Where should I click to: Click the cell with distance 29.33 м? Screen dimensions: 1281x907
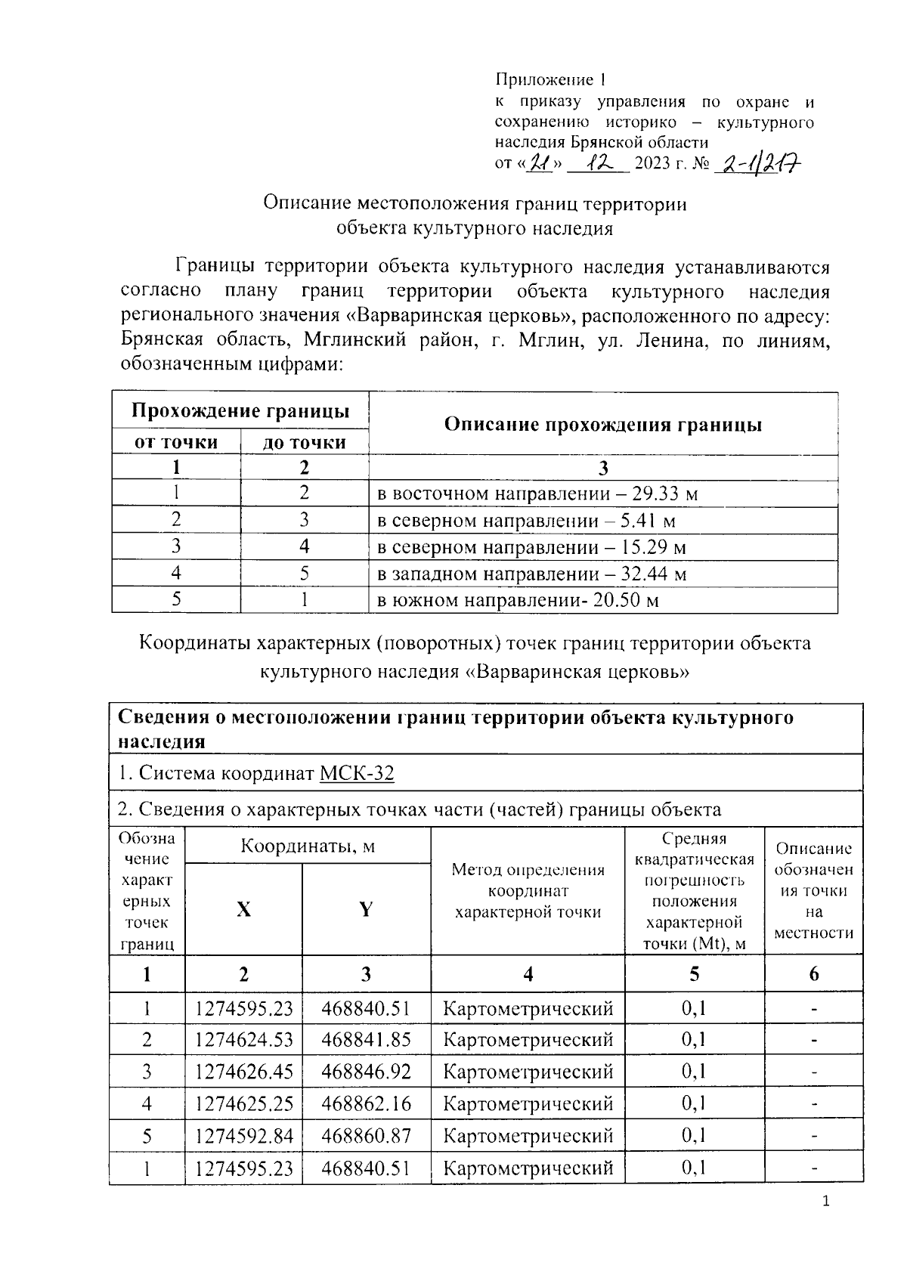click(537, 494)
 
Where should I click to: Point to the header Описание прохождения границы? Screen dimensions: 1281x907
click(602, 425)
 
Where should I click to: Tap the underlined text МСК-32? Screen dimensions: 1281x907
click(357, 773)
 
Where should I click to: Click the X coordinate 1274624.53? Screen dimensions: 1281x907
click(243, 1040)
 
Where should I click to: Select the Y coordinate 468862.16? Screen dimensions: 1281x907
click(366, 1104)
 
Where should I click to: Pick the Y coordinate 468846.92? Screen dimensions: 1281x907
click(366, 1072)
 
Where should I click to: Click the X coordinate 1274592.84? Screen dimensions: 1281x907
click(243, 1136)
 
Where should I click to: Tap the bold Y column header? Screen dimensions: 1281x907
click(366, 909)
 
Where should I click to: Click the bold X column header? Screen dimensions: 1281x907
click(243, 909)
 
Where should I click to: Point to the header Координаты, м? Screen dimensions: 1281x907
click(308, 846)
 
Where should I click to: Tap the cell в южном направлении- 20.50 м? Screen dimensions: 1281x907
click(519, 601)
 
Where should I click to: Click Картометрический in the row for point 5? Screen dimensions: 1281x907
click(528, 1136)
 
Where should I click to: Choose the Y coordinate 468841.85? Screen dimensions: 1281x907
click(366, 1040)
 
